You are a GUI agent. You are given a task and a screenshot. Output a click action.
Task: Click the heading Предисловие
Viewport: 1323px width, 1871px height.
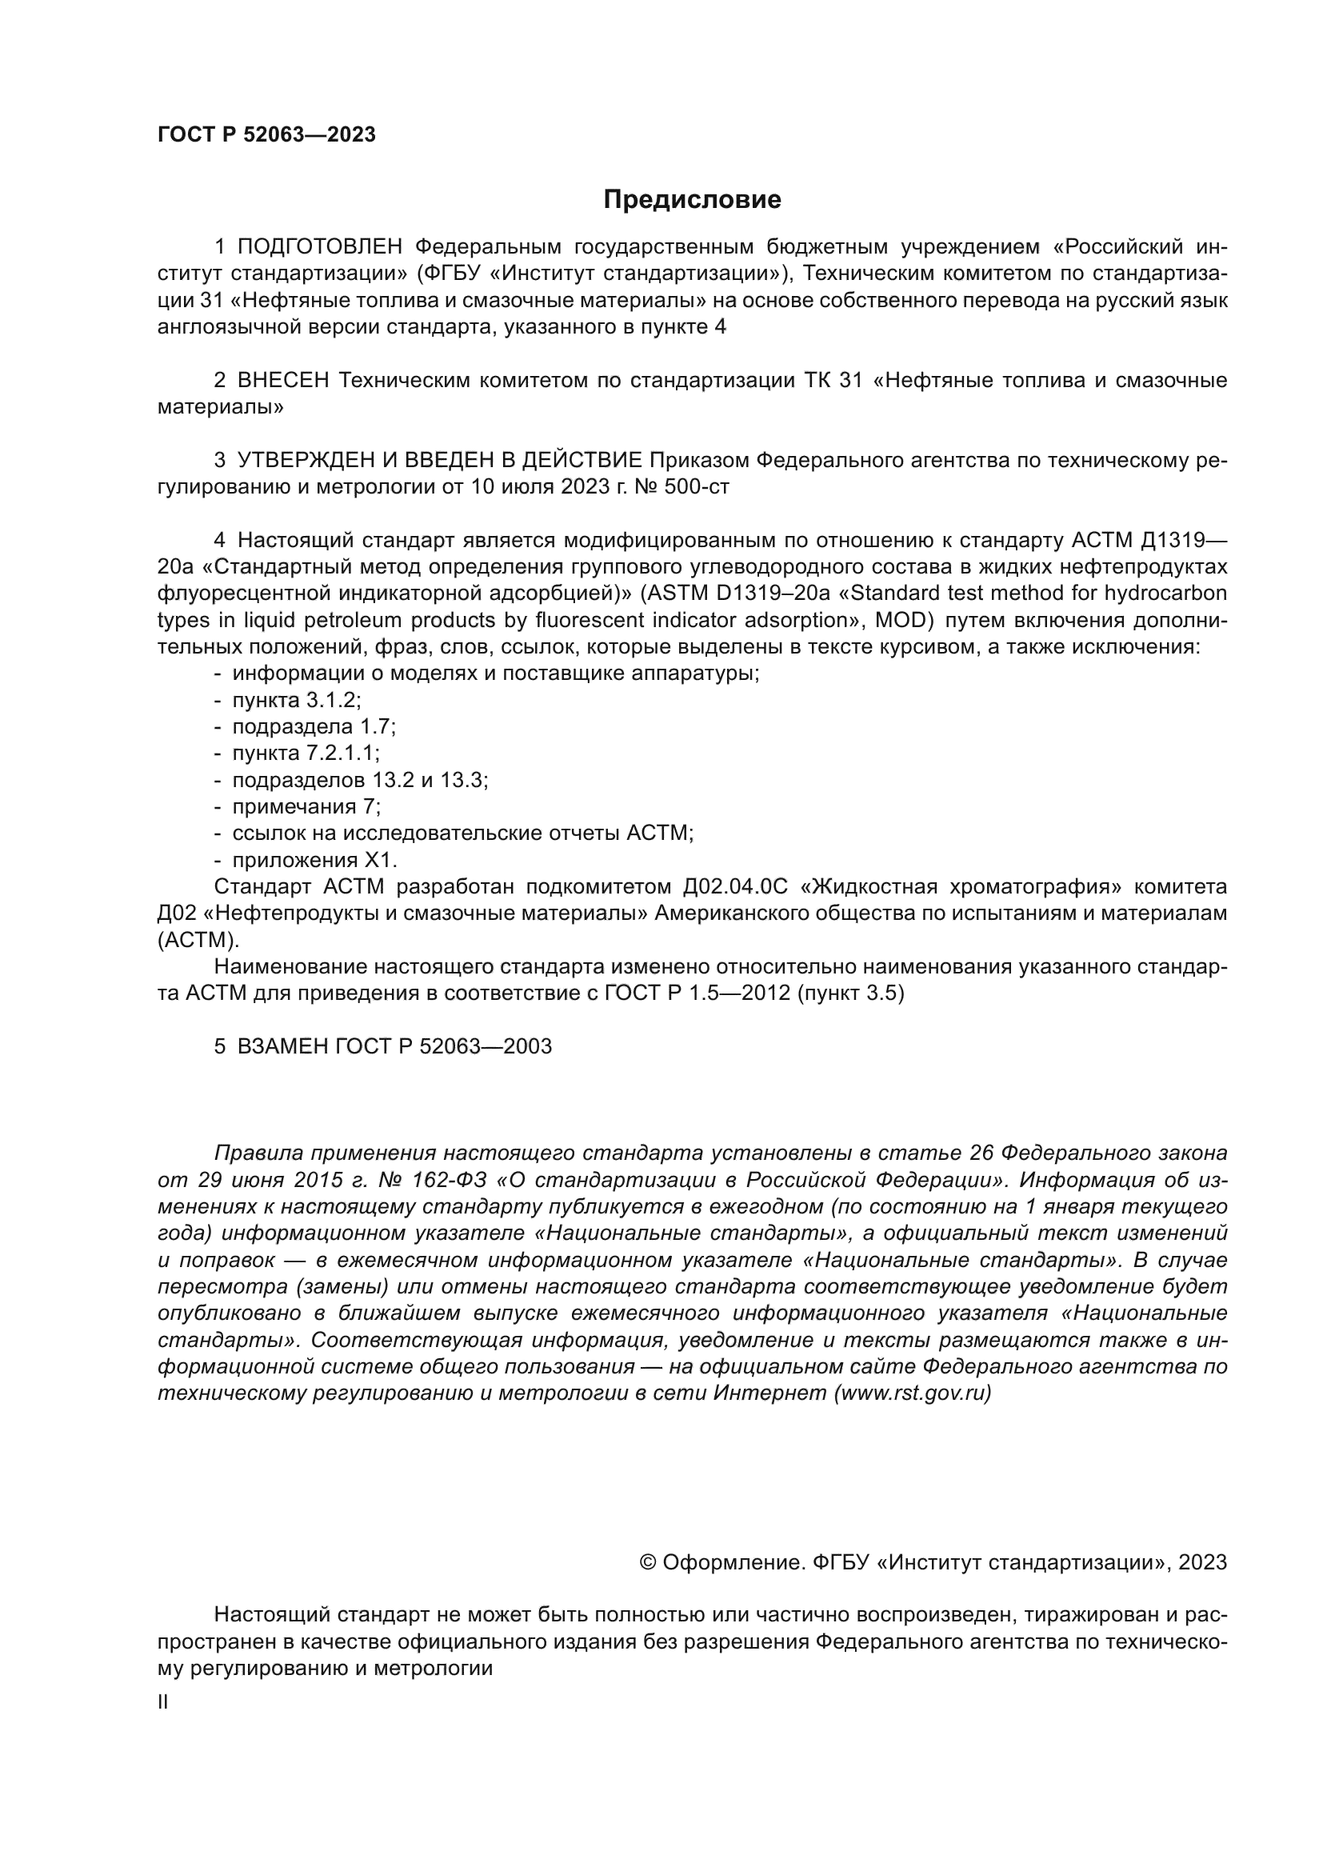point(692,200)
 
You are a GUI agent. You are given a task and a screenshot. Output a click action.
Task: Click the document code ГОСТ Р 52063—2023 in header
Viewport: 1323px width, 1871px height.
point(266,135)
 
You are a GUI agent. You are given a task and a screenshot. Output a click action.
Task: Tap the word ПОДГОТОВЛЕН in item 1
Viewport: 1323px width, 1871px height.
point(320,247)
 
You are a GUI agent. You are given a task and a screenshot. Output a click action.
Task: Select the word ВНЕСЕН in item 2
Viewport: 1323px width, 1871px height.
point(283,381)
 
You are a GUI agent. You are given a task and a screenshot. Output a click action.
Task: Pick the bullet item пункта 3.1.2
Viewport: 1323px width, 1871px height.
point(297,700)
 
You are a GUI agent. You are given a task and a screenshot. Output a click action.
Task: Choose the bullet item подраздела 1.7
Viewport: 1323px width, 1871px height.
point(314,727)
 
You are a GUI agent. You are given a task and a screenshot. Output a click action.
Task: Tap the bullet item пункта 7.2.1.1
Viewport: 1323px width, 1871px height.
point(306,753)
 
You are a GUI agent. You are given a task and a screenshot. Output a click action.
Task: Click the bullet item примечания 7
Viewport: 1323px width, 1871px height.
point(306,807)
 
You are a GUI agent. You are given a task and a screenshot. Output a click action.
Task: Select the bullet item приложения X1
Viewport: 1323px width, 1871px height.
point(314,860)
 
